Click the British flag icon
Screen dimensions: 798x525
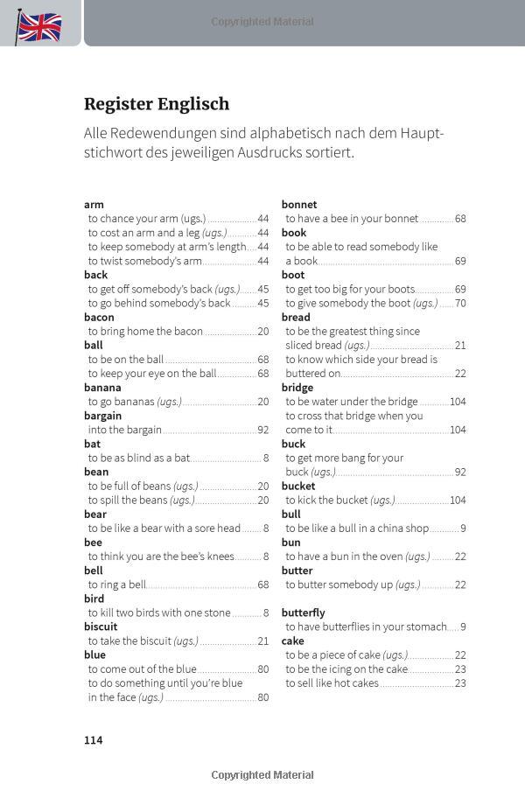click(x=39, y=26)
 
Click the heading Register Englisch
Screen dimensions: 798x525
click(x=157, y=104)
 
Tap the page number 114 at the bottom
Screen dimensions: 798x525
click(x=94, y=740)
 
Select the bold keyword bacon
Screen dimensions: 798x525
click(x=99, y=317)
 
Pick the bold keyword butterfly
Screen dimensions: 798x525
click(x=303, y=612)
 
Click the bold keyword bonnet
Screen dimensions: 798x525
click(x=299, y=204)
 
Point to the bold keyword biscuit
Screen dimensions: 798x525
click(x=101, y=626)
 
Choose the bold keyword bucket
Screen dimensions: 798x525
click(x=298, y=486)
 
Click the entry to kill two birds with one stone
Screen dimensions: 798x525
click(x=159, y=612)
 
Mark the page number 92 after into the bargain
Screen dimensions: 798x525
click(x=262, y=430)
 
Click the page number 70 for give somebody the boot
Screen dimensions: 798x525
click(x=460, y=303)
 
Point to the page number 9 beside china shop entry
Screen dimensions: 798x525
click(x=463, y=528)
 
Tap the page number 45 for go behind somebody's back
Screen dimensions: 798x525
click(x=262, y=303)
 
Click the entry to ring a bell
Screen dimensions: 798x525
click(x=117, y=584)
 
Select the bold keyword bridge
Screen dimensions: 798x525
click(x=297, y=387)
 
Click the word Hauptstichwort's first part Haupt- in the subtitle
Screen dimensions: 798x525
click(x=422, y=133)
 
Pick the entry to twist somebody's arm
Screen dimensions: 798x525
click(x=144, y=261)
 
